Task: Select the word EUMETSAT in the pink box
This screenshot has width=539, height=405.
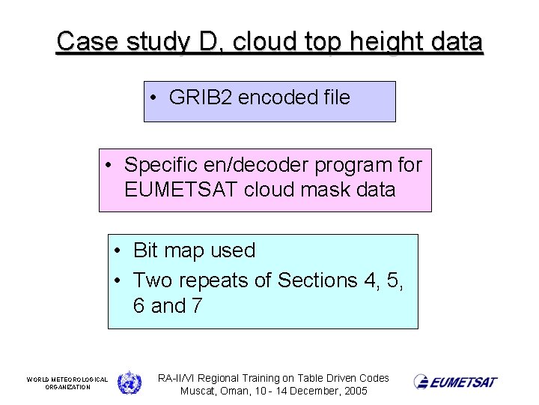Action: point(183,190)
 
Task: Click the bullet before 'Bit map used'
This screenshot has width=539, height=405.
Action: point(118,250)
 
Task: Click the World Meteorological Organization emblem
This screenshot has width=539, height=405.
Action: point(130,382)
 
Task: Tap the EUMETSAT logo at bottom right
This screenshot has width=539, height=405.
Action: point(455,382)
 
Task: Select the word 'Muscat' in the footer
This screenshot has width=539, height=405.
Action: point(200,391)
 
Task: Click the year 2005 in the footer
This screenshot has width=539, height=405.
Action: point(355,391)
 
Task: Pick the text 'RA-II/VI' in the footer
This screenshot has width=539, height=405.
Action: point(177,378)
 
